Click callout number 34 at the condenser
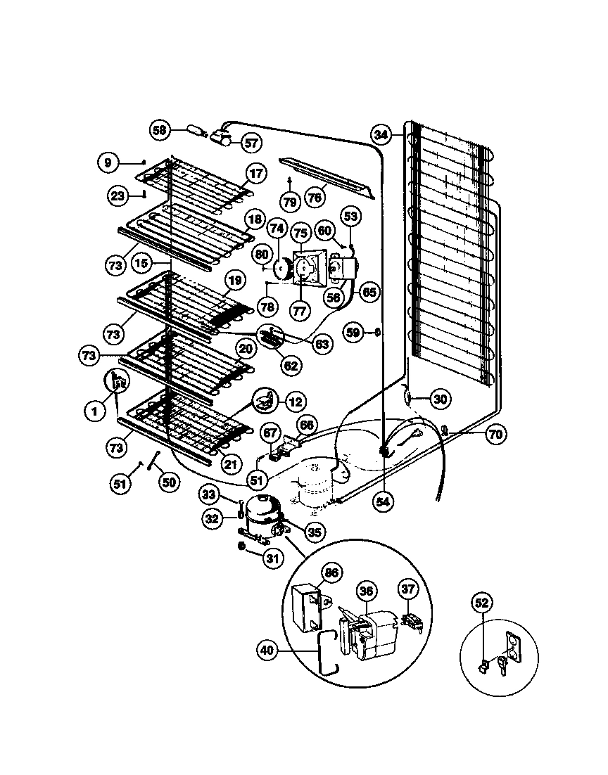381,134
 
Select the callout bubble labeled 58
160,129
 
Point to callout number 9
107,162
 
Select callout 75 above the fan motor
300,233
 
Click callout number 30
439,399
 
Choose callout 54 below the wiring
384,501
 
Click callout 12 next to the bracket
296,402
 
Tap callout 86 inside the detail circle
331,574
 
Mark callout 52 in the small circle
481,603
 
